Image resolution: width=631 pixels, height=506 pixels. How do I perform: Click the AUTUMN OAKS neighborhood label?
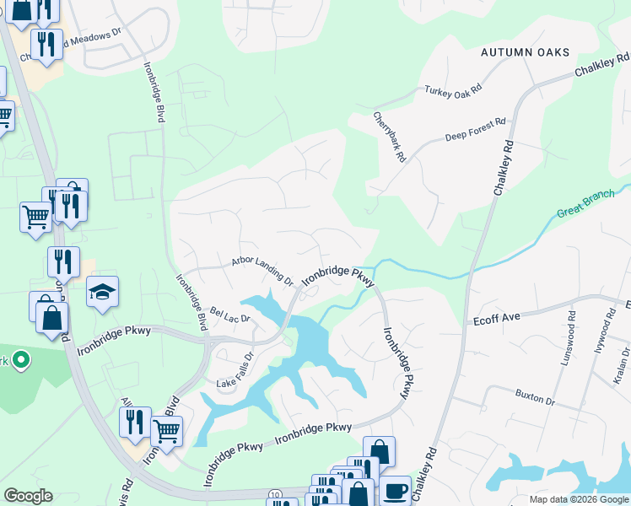525,52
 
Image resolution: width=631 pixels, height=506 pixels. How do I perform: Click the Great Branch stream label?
592,199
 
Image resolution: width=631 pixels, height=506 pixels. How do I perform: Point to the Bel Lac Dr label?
230,315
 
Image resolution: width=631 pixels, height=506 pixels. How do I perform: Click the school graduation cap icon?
102,292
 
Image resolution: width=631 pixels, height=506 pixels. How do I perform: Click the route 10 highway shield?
275,493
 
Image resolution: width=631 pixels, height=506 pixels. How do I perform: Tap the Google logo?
28,496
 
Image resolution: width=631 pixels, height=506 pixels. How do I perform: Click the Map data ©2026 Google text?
578,499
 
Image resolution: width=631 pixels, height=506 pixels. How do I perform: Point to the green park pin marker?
19,361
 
